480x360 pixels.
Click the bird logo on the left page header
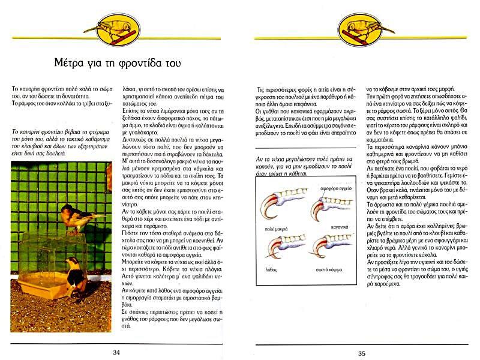click(x=118, y=29)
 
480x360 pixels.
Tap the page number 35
click(x=362, y=353)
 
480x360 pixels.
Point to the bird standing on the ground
click(x=74, y=277)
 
